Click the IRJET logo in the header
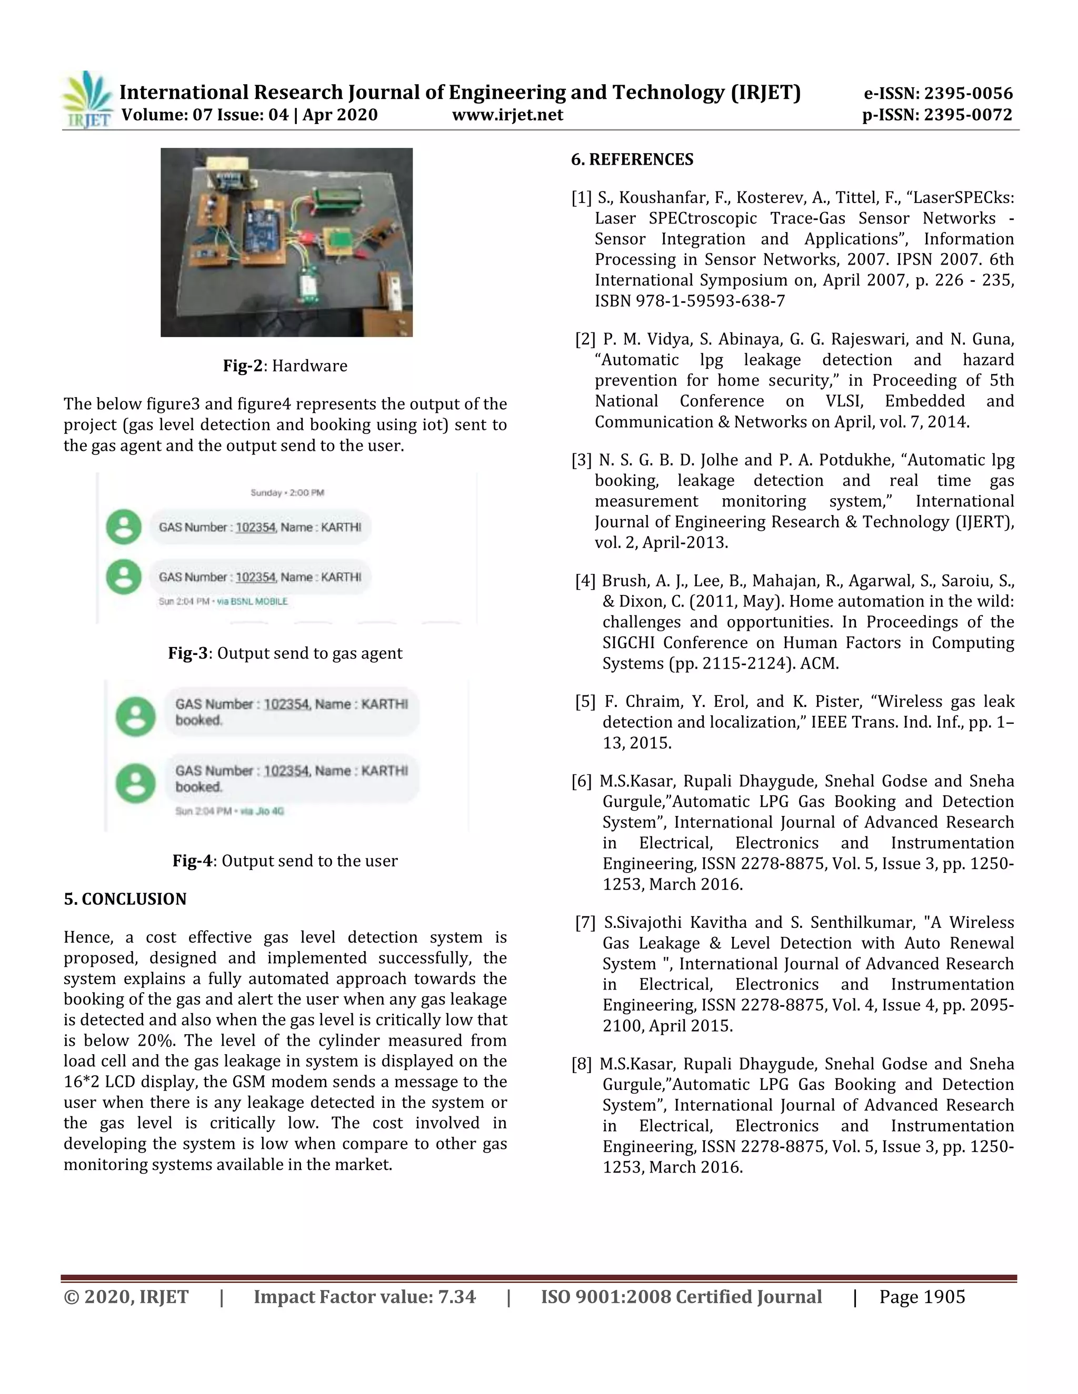[x=87, y=100]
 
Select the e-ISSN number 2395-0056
[x=968, y=93]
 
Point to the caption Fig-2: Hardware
[x=285, y=366]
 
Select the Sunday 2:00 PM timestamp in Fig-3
[x=287, y=493]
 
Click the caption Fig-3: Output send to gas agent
[x=285, y=653]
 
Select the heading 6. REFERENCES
[x=632, y=159]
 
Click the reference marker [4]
[x=585, y=581]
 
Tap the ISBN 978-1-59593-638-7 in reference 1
[x=690, y=300]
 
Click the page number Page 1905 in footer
[x=922, y=1297]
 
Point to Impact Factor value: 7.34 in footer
[x=365, y=1297]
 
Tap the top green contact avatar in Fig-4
[x=135, y=716]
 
